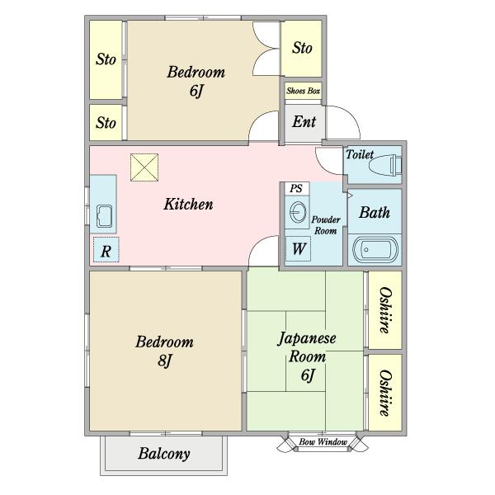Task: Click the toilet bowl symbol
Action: (385, 164)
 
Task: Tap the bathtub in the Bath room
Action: (375, 250)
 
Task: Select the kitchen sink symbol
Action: (104, 216)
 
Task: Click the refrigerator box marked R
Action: (106, 250)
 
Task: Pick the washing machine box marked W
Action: (298, 248)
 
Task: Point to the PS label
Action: (296, 188)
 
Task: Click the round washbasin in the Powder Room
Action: (298, 212)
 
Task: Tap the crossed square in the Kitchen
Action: (144, 167)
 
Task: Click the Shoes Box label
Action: (303, 91)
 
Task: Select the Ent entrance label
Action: (304, 121)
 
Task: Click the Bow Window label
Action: (323, 442)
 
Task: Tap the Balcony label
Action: (164, 454)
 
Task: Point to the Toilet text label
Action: (360, 154)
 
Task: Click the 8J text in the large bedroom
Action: (165, 360)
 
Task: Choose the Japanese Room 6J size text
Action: (308, 375)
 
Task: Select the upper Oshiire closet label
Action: (385, 310)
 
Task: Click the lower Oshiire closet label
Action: (385, 393)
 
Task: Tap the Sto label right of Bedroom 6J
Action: (302, 48)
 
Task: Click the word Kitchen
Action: (188, 205)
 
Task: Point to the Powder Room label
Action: (326, 225)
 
